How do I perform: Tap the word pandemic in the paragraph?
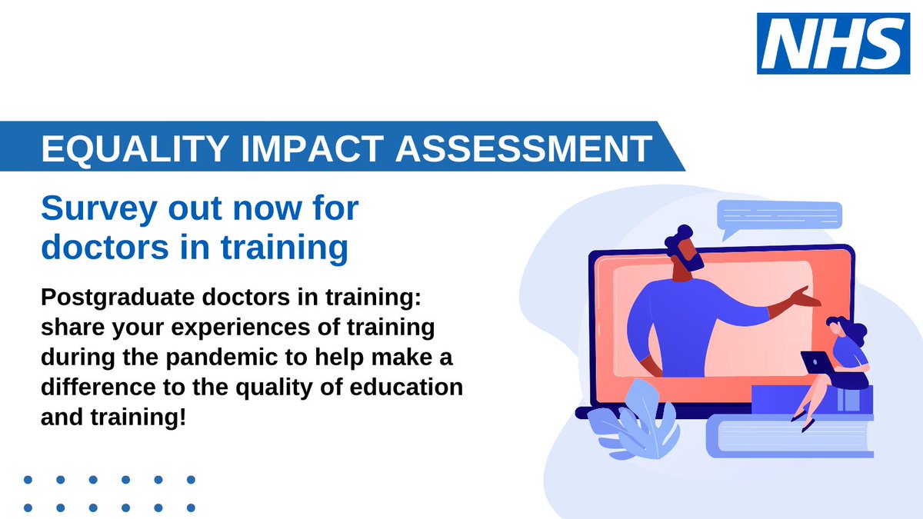(185, 358)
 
